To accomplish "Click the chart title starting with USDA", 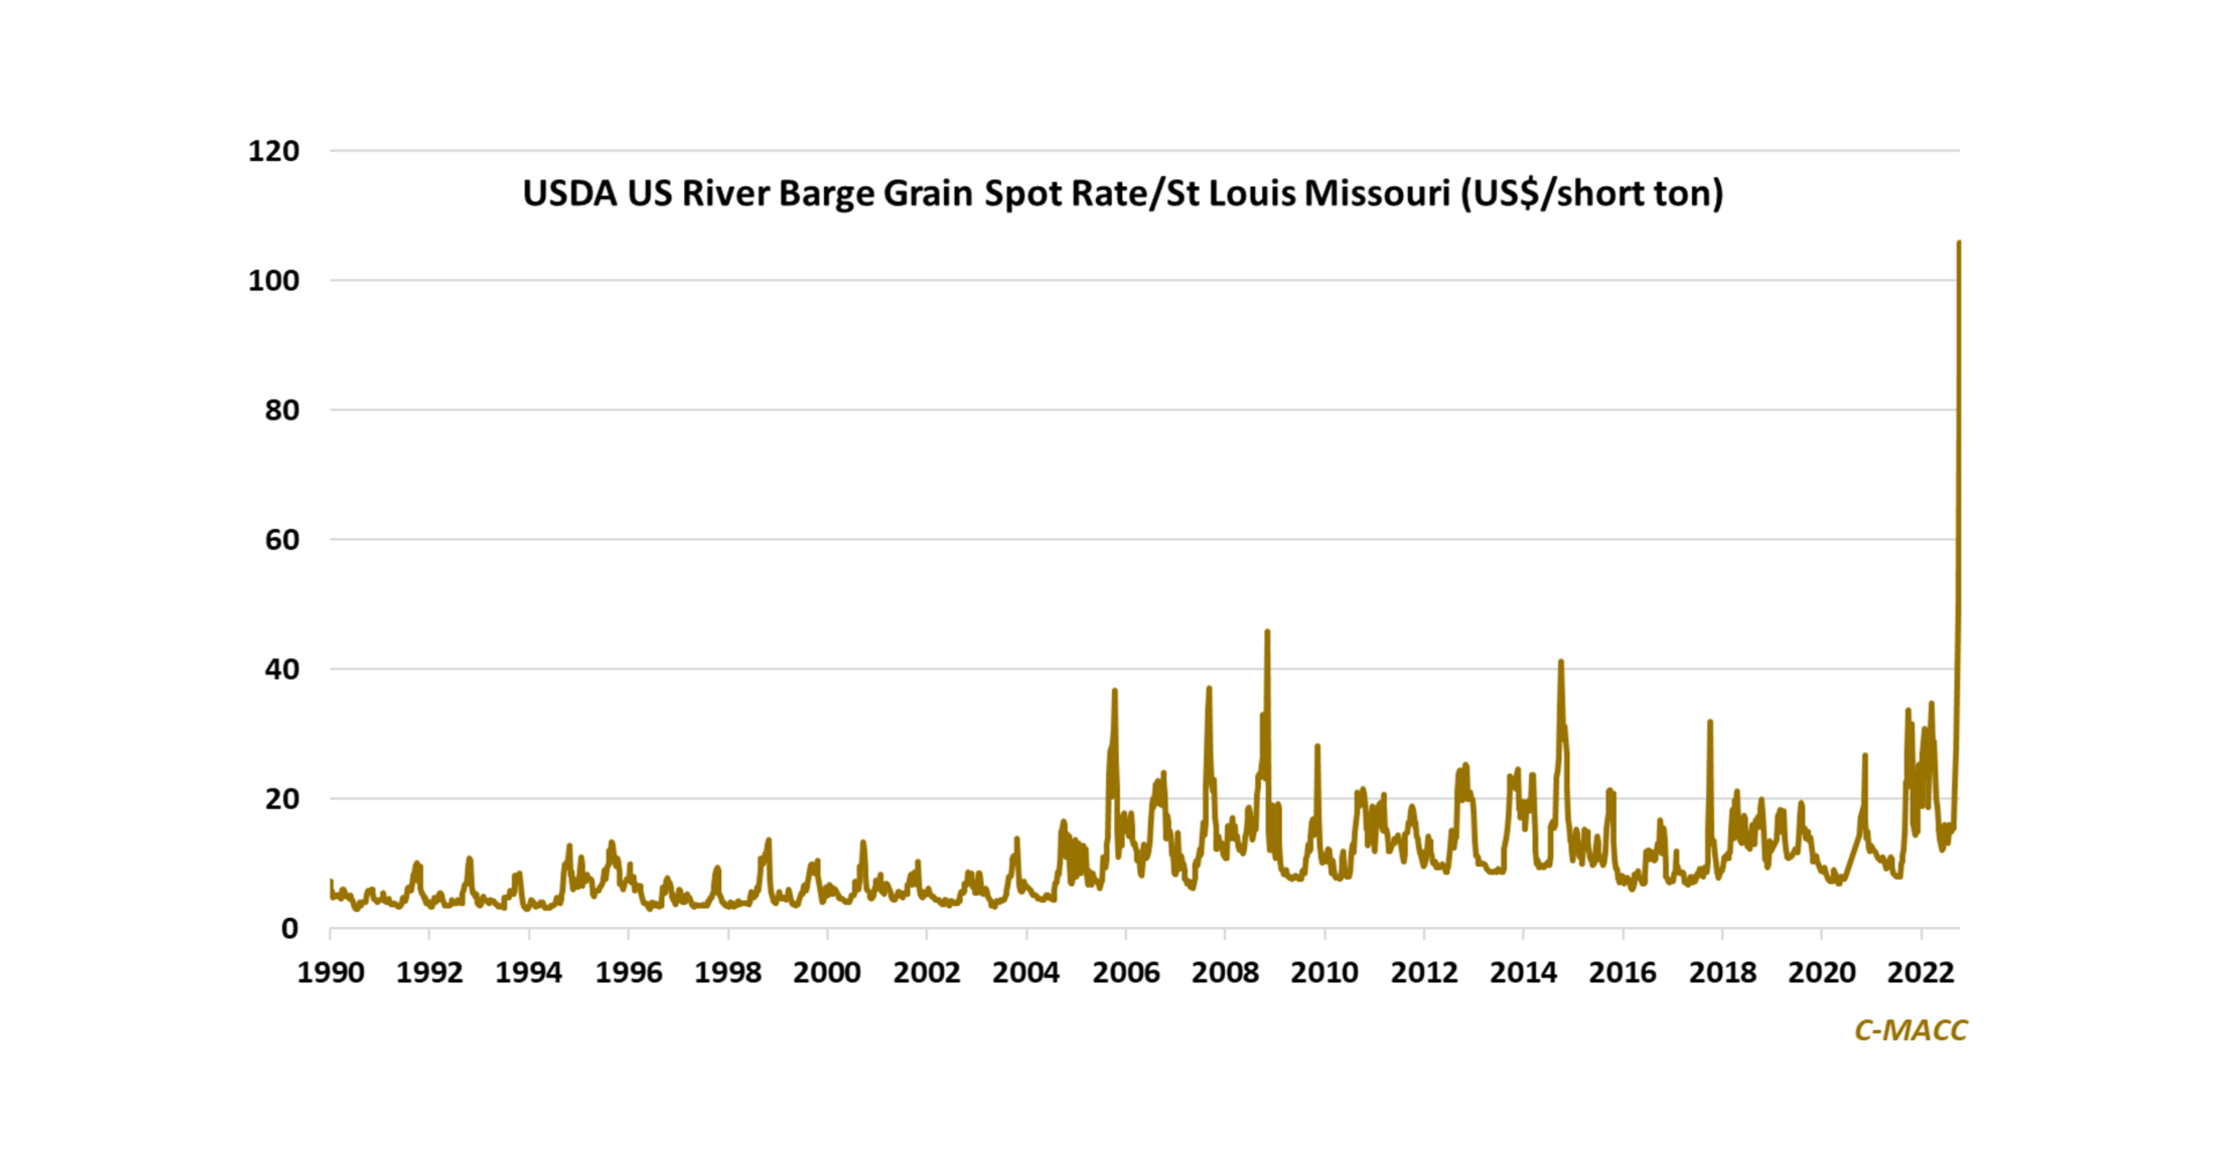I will point(1122,193).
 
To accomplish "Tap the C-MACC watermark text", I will point(1910,1030).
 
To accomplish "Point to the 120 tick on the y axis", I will point(274,152).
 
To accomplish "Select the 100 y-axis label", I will point(274,281).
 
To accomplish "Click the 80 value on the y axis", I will point(282,411).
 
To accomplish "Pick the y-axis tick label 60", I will point(282,540).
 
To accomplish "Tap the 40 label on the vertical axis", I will point(282,670).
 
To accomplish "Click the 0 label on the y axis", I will point(290,929).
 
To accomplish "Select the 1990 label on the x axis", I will point(331,973).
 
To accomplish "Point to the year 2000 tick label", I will point(827,973).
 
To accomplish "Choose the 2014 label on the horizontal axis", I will point(1523,973).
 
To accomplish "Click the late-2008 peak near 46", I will point(1267,632).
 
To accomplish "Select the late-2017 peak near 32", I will point(1710,722).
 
